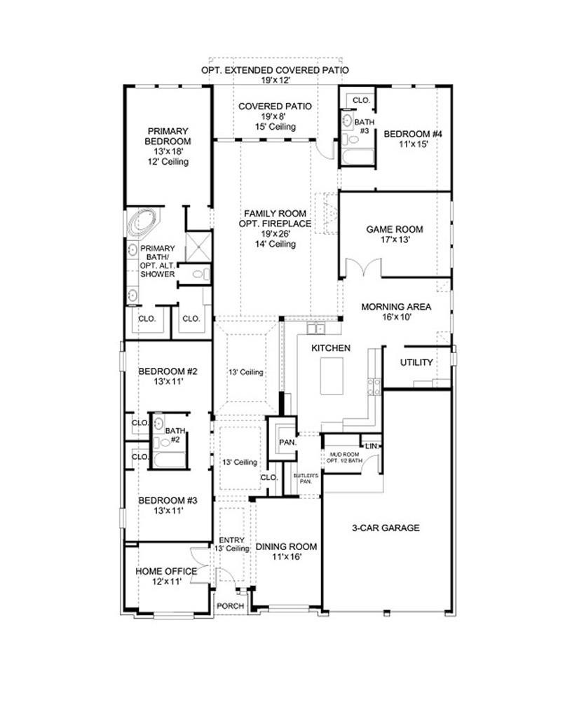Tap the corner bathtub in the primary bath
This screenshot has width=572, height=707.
pyautogui.click(x=143, y=224)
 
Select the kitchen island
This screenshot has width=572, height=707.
pyautogui.click(x=332, y=376)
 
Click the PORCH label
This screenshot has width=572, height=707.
pyautogui.click(x=231, y=606)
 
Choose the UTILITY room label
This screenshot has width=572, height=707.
pyautogui.click(x=416, y=362)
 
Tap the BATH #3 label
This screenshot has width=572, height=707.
pyautogui.click(x=365, y=126)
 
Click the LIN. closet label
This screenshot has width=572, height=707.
pyautogui.click(x=372, y=446)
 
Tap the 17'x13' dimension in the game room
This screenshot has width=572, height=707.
pyautogui.click(x=395, y=240)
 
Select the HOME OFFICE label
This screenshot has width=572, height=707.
pyautogui.click(x=166, y=571)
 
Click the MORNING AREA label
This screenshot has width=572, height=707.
pyautogui.click(x=396, y=307)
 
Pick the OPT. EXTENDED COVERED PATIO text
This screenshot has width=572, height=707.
pyautogui.click(x=275, y=71)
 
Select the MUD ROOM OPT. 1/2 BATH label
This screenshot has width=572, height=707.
pyautogui.click(x=345, y=458)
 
